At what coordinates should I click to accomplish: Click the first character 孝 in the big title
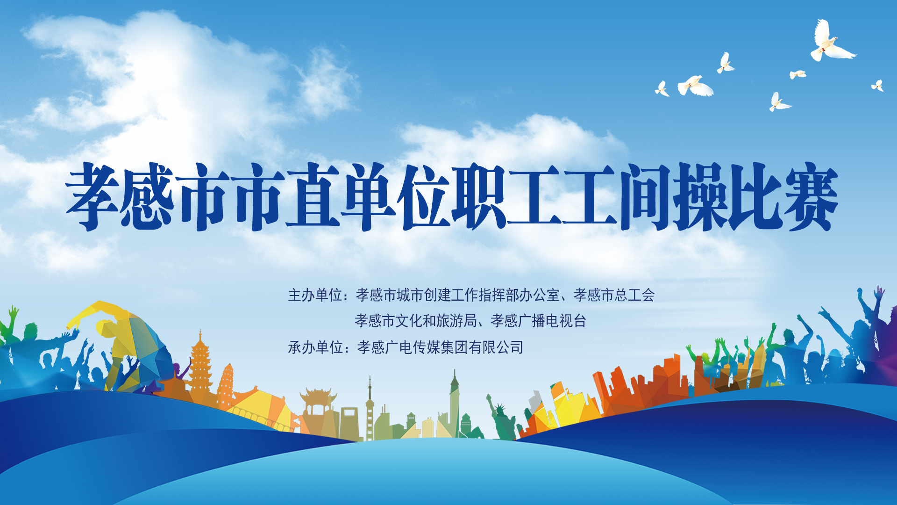click(93, 196)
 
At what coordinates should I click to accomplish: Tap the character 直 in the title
click(312, 196)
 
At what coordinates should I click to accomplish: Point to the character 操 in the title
click(699, 196)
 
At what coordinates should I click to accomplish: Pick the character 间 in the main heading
click(645, 196)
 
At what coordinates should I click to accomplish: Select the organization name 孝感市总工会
click(614, 295)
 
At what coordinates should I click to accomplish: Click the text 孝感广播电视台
click(538, 321)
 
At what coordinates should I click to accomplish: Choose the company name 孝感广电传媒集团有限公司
click(440, 347)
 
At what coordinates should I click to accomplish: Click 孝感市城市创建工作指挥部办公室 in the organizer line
click(458, 295)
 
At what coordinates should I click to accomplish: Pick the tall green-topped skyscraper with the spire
click(454, 404)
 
